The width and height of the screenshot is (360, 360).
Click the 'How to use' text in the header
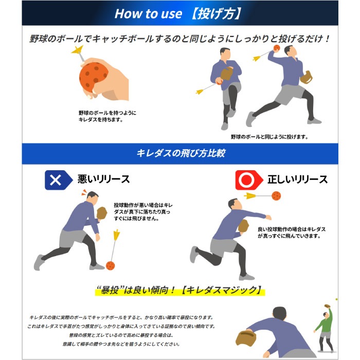[148, 13]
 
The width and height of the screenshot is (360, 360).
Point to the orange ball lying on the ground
[110, 264]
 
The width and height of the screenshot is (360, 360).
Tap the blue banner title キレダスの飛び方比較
[180, 153]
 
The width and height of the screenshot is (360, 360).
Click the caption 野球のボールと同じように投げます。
[269, 137]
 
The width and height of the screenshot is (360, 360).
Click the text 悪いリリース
[103, 179]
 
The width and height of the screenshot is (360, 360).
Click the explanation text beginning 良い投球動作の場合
[292, 232]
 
